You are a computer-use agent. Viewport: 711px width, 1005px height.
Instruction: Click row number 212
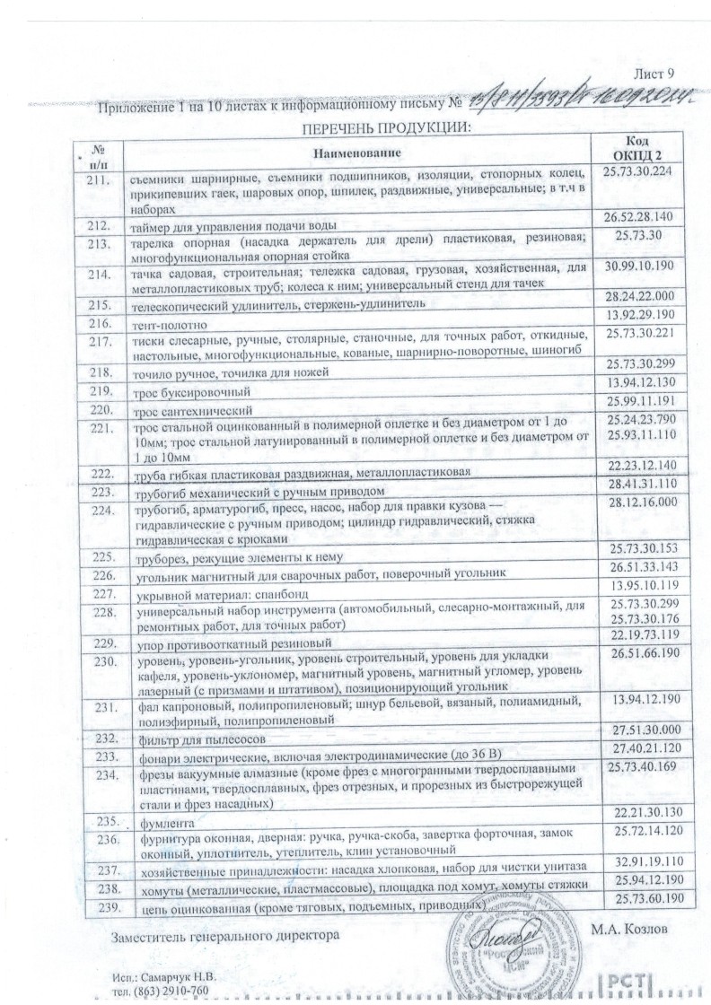click(x=100, y=225)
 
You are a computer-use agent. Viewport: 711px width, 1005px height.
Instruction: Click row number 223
click(x=100, y=493)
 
